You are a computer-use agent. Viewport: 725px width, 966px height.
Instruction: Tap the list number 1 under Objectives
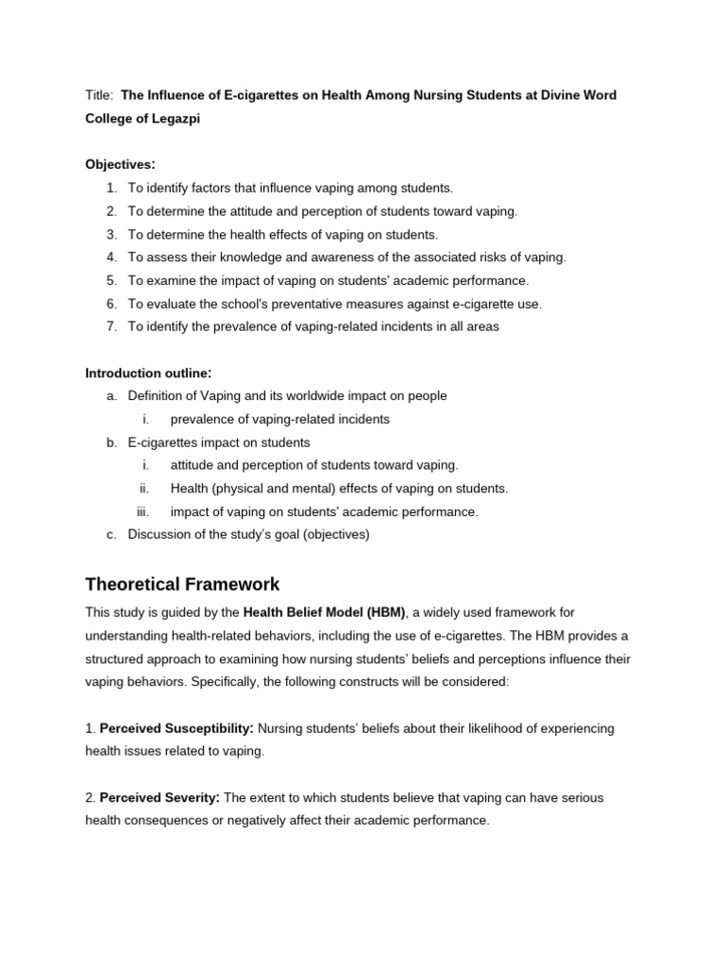pos(111,189)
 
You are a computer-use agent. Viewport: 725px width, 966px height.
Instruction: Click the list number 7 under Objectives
pos(111,326)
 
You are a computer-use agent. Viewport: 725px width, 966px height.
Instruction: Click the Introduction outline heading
pos(147,373)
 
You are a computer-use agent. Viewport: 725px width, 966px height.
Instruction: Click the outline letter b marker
pos(111,442)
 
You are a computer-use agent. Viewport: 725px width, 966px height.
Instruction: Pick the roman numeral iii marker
pos(143,511)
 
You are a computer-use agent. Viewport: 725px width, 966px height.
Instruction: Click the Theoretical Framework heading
pos(182,584)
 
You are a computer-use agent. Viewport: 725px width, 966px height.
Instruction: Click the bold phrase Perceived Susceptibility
pos(177,729)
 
